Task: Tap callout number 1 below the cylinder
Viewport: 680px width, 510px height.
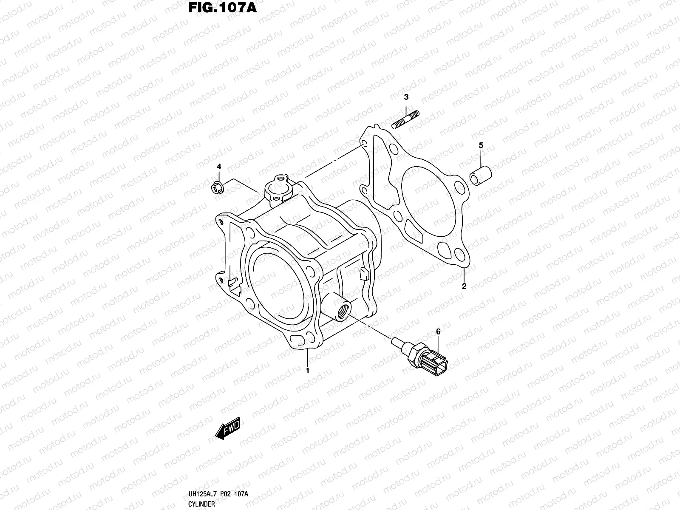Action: (x=307, y=371)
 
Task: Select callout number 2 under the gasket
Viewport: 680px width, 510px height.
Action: (x=464, y=286)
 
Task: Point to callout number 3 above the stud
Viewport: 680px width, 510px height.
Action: (x=406, y=97)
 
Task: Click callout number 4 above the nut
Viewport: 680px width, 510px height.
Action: (x=219, y=166)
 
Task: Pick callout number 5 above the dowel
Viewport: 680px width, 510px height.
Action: (x=481, y=145)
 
